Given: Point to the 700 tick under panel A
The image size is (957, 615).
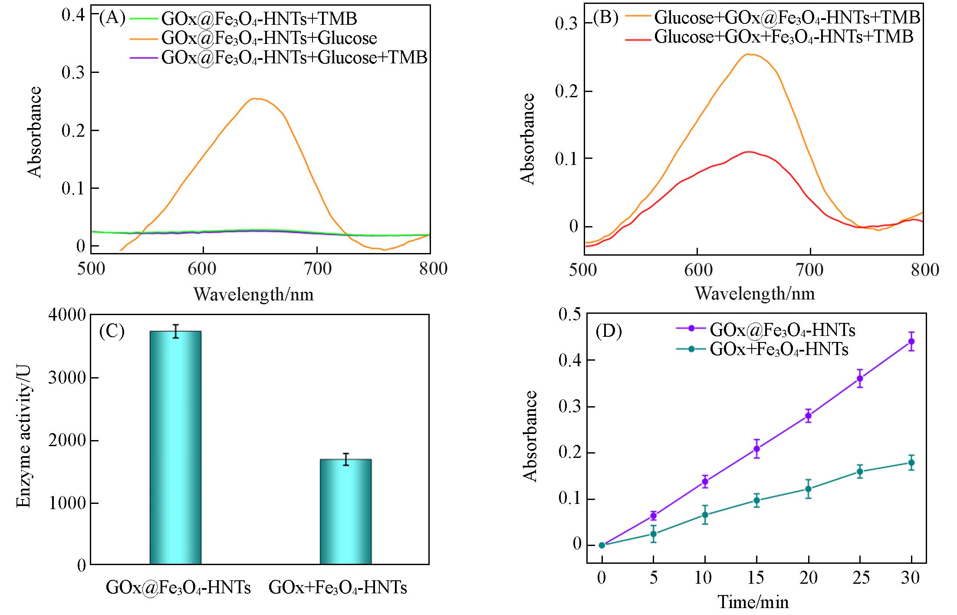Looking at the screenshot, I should [x=317, y=269].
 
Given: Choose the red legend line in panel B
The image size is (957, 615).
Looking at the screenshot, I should [x=638, y=39].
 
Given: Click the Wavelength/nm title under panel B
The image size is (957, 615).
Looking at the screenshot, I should [x=755, y=294].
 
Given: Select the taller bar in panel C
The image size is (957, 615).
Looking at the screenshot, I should [x=175, y=447].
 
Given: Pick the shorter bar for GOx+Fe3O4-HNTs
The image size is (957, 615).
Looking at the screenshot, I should [x=345, y=512].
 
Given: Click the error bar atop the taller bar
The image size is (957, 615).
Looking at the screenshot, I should [x=175, y=331].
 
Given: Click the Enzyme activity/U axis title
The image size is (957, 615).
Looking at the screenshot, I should [x=24, y=441].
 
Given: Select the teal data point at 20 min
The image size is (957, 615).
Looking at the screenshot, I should [x=808, y=489].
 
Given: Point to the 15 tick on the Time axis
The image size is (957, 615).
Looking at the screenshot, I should [x=756, y=579].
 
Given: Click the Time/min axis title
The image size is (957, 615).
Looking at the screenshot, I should [x=753, y=602].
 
